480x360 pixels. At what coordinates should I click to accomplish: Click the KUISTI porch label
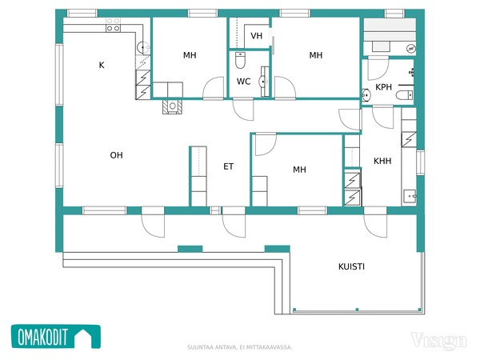tap(351, 266)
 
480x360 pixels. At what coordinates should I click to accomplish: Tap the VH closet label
tap(256, 36)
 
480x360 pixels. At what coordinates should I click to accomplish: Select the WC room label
tap(243, 82)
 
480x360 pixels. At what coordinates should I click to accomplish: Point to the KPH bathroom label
tap(383, 87)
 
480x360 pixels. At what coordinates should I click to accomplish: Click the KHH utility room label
tap(382, 161)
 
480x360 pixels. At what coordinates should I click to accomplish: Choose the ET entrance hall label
tap(228, 166)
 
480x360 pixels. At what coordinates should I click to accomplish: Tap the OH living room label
tap(116, 155)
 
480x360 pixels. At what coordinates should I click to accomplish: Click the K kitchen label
tap(102, 65)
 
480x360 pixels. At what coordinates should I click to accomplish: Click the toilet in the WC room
tap(240, 60)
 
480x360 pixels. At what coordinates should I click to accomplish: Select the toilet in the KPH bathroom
tap(404, 95)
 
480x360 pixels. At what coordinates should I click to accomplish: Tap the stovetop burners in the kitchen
tap(114, 25)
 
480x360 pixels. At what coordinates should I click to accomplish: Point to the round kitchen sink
tap(143, 47)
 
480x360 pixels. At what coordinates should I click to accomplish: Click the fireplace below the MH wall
tap(172, 106)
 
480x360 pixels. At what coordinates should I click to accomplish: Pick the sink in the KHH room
tap(410, 196)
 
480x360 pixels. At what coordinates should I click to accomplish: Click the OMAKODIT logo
tap(56, 337)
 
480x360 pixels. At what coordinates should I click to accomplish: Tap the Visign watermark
tap(438, 341)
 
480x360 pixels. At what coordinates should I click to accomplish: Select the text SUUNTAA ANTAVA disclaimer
tap(240, 347)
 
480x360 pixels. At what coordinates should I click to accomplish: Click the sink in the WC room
tap(263, 82)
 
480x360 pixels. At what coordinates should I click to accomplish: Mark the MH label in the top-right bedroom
tap(316, 55)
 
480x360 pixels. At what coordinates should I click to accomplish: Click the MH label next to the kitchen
tap(190, 55)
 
